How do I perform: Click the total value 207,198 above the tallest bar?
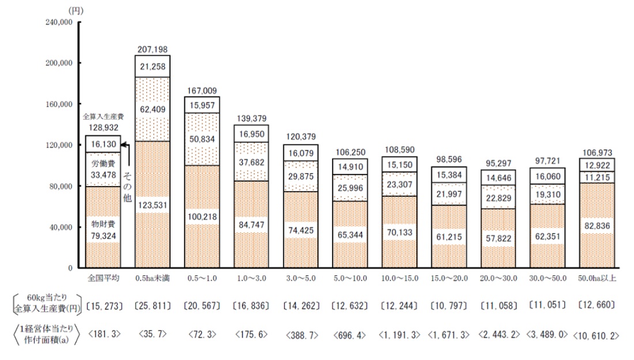(x=152, y=50)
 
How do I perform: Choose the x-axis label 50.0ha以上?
(x=597, y=278)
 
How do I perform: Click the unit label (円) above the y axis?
(x=76, y=10)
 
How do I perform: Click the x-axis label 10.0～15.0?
(x=399, y=278)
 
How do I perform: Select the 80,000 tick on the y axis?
(x=61, y=186)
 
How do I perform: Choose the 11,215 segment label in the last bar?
(x=597, y=176)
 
